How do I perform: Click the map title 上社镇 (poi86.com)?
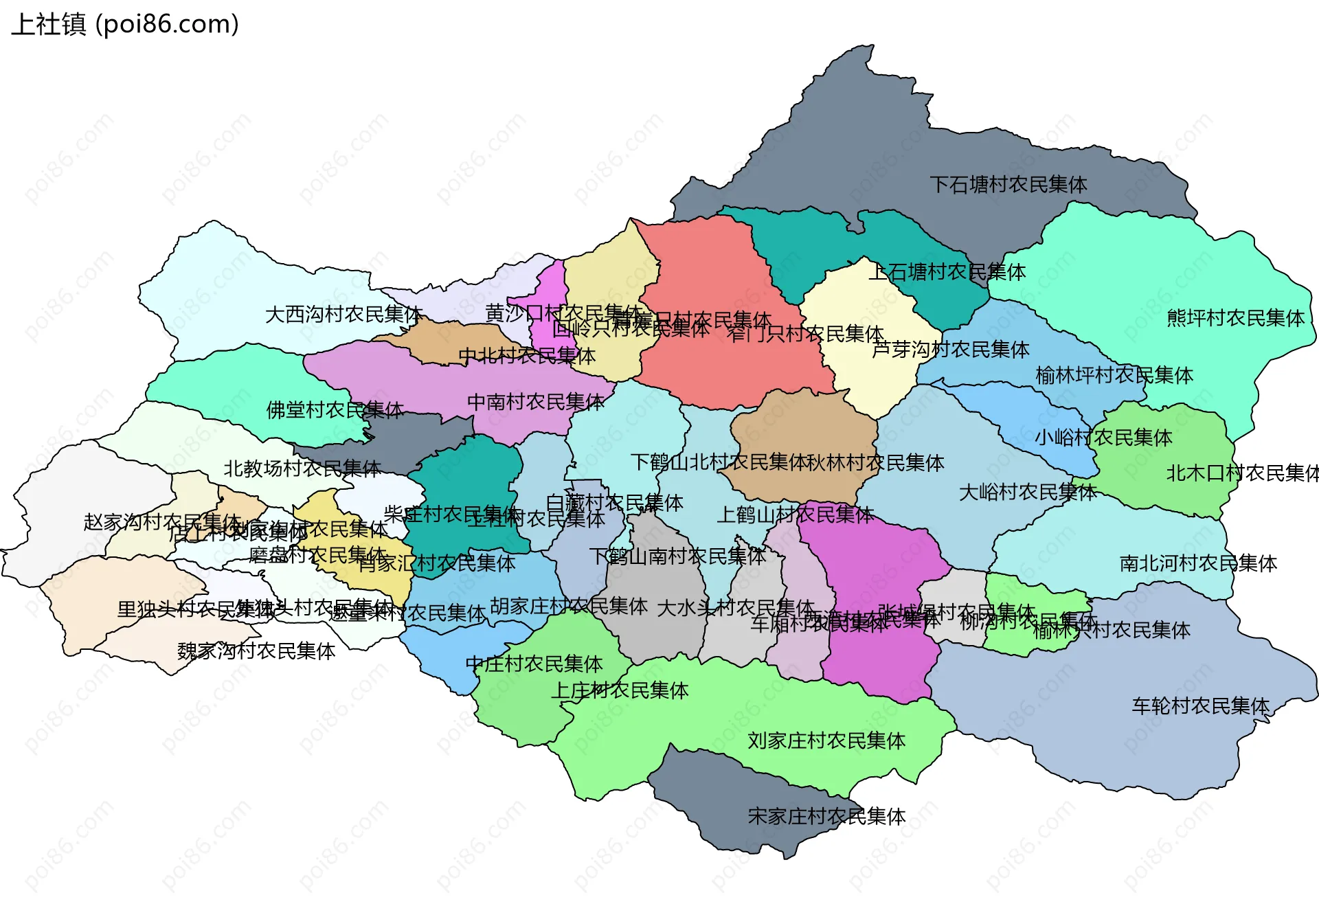(x=125, y=25)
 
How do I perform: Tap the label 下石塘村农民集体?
(x=1008, y=185)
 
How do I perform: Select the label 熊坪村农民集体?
(x=1235, y=318)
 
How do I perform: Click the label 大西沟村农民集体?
(x=343, y=315)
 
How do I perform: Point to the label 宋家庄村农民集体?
(x=826, y=817)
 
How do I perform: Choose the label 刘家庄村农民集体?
(x=826, y=741)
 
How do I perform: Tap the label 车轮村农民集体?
(x=1200, y=706)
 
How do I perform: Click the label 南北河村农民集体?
(x=1198, y=564)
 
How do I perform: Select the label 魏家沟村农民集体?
(x=256, y=651)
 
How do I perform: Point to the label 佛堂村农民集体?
(x=335, y=410)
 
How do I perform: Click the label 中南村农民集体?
(x=535, y=402)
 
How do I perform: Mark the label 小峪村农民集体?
(x=1103, y=438)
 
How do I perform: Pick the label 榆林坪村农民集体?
(x=1114, y=376)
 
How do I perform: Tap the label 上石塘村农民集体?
(x=947, y=273)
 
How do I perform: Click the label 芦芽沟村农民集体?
(x=951, y=350)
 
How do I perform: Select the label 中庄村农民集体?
(x=534, y=664)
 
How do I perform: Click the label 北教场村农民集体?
(x=302, y=469)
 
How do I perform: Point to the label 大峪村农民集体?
(x=1027, y=493)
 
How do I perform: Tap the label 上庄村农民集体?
(x=620, y=691)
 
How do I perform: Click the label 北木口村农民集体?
(x=1242, y=473)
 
